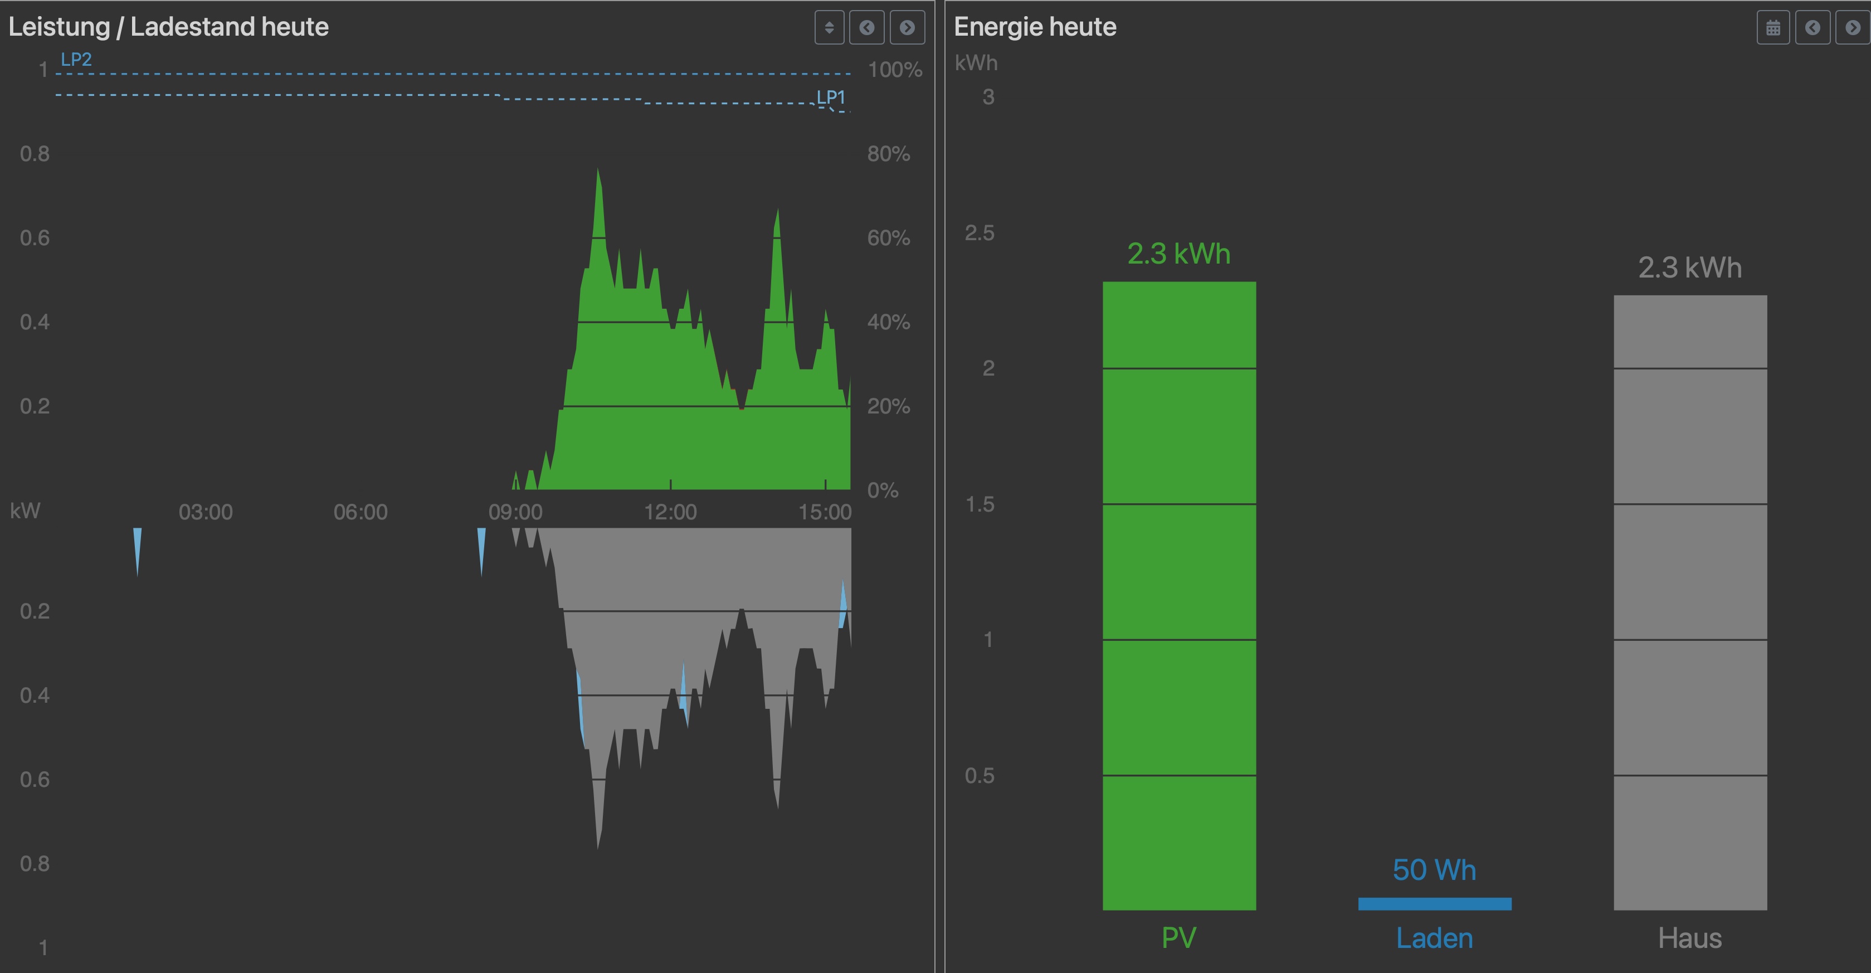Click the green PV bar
point(1179,596)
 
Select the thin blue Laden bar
point(1435,904)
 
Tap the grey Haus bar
point(1690,603)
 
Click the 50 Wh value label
point(1435,870)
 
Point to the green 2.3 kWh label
point(1179,254)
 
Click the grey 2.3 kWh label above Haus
point(1690,267)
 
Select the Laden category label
point(1435,938)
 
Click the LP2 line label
point(76,60)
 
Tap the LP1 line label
point(831,98)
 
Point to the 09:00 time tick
point(515,512)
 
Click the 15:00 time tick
point(825,512)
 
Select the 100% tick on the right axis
point(895,70)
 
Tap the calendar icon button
point(1773,28)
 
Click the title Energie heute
point(1035,27)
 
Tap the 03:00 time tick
point(206,512)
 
